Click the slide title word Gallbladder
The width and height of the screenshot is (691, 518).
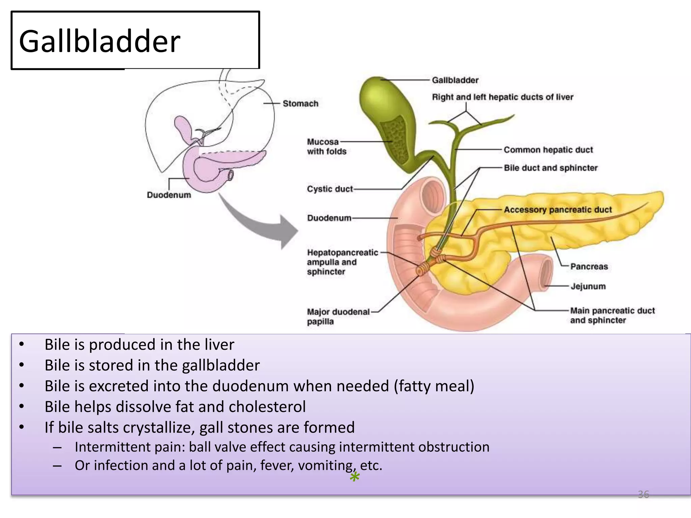(100, 41)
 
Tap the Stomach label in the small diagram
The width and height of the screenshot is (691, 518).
(300, 104)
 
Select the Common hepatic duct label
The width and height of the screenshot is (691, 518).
(548, 150)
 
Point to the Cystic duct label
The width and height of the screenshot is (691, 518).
(330, 189)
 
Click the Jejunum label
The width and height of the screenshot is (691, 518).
(588, 286)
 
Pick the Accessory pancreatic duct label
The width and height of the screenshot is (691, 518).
(557, 210)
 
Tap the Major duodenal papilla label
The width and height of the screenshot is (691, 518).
(338, 316)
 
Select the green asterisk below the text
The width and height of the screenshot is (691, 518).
(355, 478)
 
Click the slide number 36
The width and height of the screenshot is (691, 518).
(643, 494)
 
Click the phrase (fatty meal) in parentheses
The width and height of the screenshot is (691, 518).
(434, 386)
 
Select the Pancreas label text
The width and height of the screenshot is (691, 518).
(589, 266)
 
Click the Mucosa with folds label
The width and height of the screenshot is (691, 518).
(326, 147)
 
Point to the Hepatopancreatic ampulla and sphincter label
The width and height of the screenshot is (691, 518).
(342, 262)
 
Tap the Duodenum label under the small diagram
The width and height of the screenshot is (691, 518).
(169, 195)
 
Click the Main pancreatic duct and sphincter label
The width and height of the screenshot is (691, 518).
(612, 315)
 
